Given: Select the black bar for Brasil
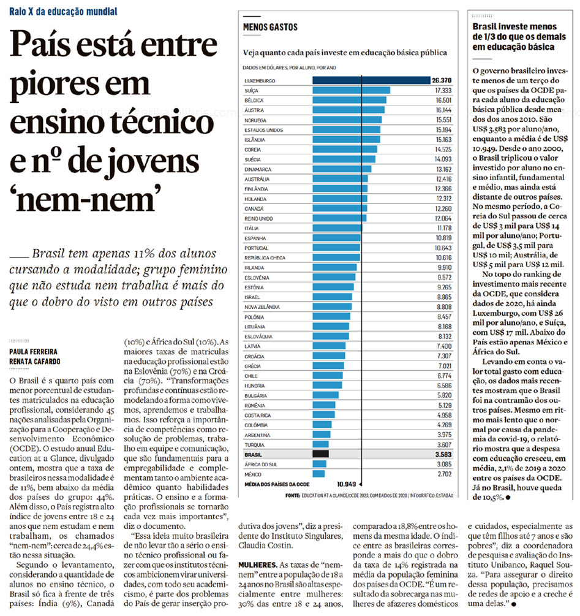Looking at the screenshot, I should [320, 454].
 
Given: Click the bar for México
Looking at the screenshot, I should [318, 473].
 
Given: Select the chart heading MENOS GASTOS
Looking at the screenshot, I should [270, 27].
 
